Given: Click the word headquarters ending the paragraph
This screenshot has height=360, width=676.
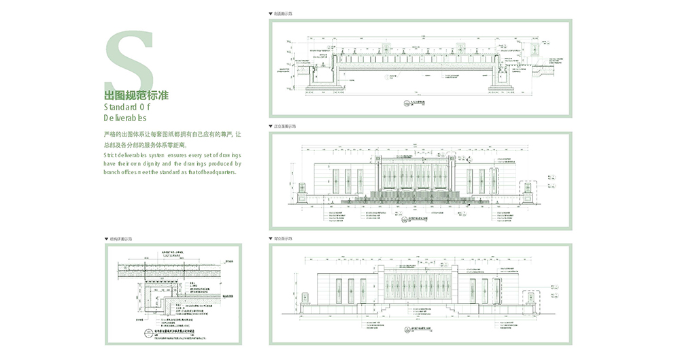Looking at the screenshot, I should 217,172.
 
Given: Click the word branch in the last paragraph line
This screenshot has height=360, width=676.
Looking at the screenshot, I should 112,172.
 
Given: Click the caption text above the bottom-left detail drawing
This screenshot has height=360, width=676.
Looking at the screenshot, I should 122,240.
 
